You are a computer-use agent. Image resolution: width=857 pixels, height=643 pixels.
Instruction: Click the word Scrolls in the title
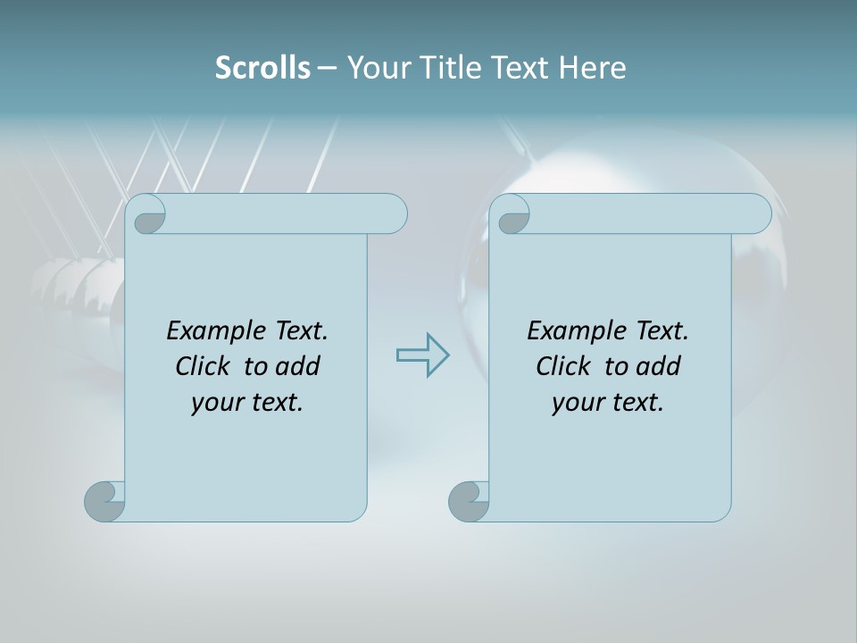tap(262, 68)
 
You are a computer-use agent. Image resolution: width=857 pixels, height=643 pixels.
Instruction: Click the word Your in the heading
tap(376, 68)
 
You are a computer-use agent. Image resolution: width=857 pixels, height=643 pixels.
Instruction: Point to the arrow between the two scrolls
tap(422, 355)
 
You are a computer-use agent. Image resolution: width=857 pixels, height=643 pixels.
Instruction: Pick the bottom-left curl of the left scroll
tap(104, 501)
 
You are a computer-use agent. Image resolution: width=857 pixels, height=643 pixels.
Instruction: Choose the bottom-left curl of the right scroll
tap(469, 501)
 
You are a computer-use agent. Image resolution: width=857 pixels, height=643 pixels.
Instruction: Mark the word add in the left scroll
tap(297, 367)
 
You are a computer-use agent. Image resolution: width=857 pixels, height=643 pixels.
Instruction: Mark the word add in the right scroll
tap(658, 367)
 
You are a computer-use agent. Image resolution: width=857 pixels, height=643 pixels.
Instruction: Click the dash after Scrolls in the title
tap(327, 68)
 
